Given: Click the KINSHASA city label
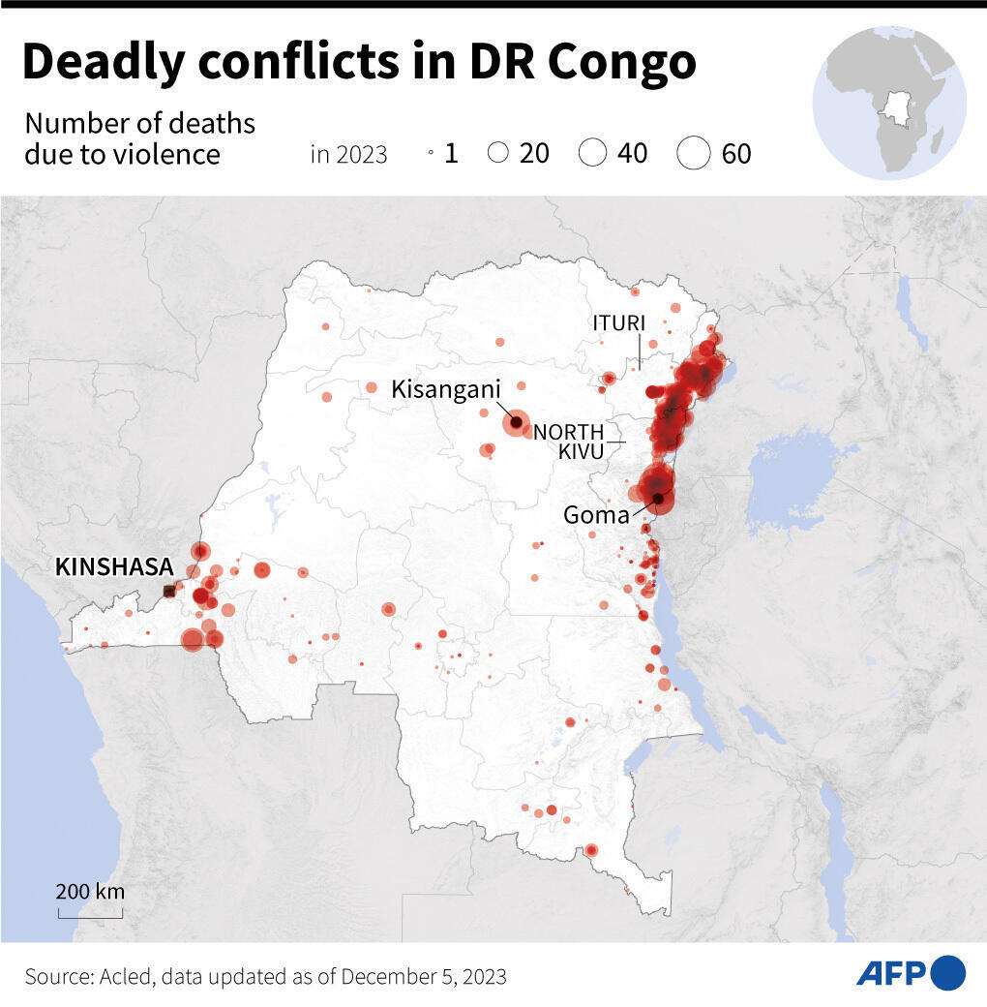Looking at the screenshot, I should point(114,567).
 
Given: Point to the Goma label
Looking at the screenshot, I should point(596,515).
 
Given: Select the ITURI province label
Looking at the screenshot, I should point(619,323).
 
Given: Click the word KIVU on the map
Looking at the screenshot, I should point(581,451).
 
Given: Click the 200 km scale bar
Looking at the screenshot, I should point(90,910).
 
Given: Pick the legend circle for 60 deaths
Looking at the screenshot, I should point(694,153).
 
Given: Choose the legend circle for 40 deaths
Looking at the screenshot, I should point(592,153).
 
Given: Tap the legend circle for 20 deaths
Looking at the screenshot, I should point(498,153).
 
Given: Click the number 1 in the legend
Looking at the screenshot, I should point(451,153).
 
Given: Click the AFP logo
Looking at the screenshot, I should point(911,972).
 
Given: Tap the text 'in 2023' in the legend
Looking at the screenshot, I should point(348,154).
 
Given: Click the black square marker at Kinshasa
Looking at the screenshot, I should point(169,591).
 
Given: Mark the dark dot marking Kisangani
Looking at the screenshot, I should point(516,422).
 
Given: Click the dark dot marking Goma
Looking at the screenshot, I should point(659,500).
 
